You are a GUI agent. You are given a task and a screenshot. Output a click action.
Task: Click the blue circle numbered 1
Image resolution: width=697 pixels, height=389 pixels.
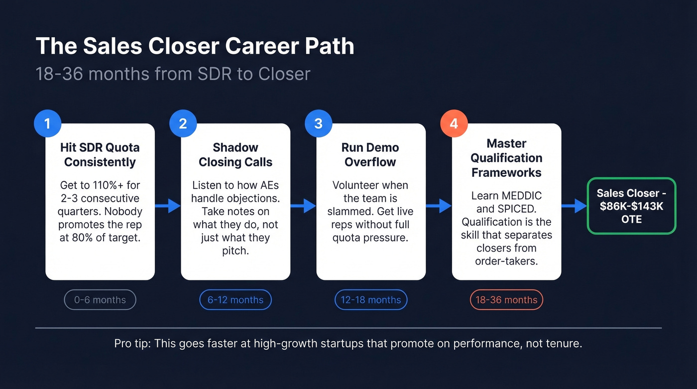pyautogui.click(x=47, y=124)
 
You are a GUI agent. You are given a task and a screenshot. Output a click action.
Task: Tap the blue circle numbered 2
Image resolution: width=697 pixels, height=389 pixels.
pyautogui.click(x=183, y=124)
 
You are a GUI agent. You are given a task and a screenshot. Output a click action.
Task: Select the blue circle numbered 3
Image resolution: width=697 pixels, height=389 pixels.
pyautogui.click(x=318, y=124)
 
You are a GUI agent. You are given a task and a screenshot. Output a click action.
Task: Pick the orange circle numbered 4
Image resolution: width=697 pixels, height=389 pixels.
pyautogui.click(x=454, y=124)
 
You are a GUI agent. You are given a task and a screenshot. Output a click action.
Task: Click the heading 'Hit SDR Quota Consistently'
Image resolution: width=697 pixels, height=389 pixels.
pyautogui.click(x=100, y=155)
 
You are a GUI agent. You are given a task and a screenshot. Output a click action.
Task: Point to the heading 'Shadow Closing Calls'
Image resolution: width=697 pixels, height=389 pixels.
pyautogui.click(x=235, y=155)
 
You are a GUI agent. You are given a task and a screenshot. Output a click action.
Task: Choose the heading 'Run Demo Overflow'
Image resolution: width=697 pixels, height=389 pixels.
pyautogui.click(x=370, y=155)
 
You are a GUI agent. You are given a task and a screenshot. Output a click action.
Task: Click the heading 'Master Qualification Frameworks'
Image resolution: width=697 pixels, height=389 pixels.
pyautogui.click(x=506, y=158)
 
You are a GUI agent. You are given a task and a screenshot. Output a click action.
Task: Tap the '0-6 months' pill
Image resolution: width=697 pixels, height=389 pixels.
pyautogui.click(x=100, y=300)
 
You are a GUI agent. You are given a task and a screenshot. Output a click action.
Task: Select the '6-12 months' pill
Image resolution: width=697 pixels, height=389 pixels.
pyautogui.click(x=235, y=300)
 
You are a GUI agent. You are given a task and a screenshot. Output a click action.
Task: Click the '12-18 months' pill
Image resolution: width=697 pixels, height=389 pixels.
pyautogui.click(x=371, y=300)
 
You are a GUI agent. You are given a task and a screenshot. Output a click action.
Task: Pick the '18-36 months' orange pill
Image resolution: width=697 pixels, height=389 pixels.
pyautogui.click(x=506, y=300)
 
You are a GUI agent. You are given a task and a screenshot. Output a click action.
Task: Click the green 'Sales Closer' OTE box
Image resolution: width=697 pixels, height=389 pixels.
pyautogui.click(x=631, y=206)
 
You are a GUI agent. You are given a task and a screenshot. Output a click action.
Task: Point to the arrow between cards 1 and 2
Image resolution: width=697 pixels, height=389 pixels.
pyautogui.click(x=168, y=206)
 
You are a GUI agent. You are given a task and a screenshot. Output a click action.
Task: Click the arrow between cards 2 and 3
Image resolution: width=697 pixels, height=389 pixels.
pyautogui.click(x=303, y=206)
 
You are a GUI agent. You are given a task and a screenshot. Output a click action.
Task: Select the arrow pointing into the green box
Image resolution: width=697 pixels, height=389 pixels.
pyautogui.click(x=575, y=206)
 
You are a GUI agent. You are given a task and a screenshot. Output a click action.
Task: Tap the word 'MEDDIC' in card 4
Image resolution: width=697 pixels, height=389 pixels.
pyautogui.click(x=521, y=195)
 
